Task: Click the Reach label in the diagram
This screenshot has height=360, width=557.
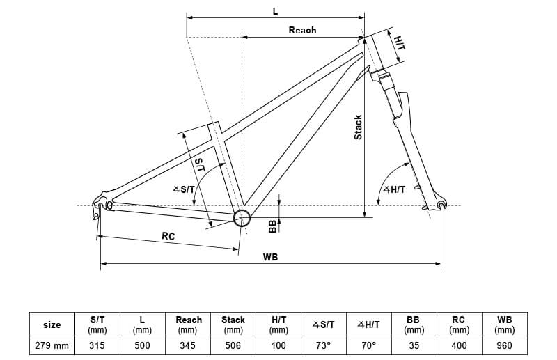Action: tap(302, 30)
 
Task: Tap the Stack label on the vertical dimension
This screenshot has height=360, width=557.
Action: tap(358, 127)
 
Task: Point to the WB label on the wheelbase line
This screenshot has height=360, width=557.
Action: tap(270, 257)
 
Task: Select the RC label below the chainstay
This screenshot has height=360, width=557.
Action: tap(168, 236)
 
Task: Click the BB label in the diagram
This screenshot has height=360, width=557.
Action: tap(272, 226)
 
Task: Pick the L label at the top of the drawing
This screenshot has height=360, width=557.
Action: tap(275, 11)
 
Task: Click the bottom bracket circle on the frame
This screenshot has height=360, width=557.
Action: tap(242, 218)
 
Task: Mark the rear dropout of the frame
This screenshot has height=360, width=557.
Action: tap(102, 205)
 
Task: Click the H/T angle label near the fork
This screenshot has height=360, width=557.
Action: tap(394, 190)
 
